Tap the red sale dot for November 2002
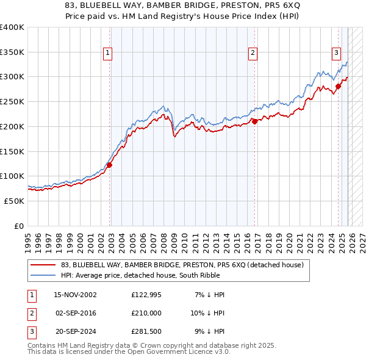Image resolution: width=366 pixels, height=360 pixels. pos(110,165)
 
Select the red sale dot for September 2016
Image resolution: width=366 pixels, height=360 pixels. pos(254,121)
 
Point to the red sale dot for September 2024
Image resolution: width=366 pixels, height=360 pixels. pos(339,86)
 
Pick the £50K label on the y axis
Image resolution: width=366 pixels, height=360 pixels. pos(14,201)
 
